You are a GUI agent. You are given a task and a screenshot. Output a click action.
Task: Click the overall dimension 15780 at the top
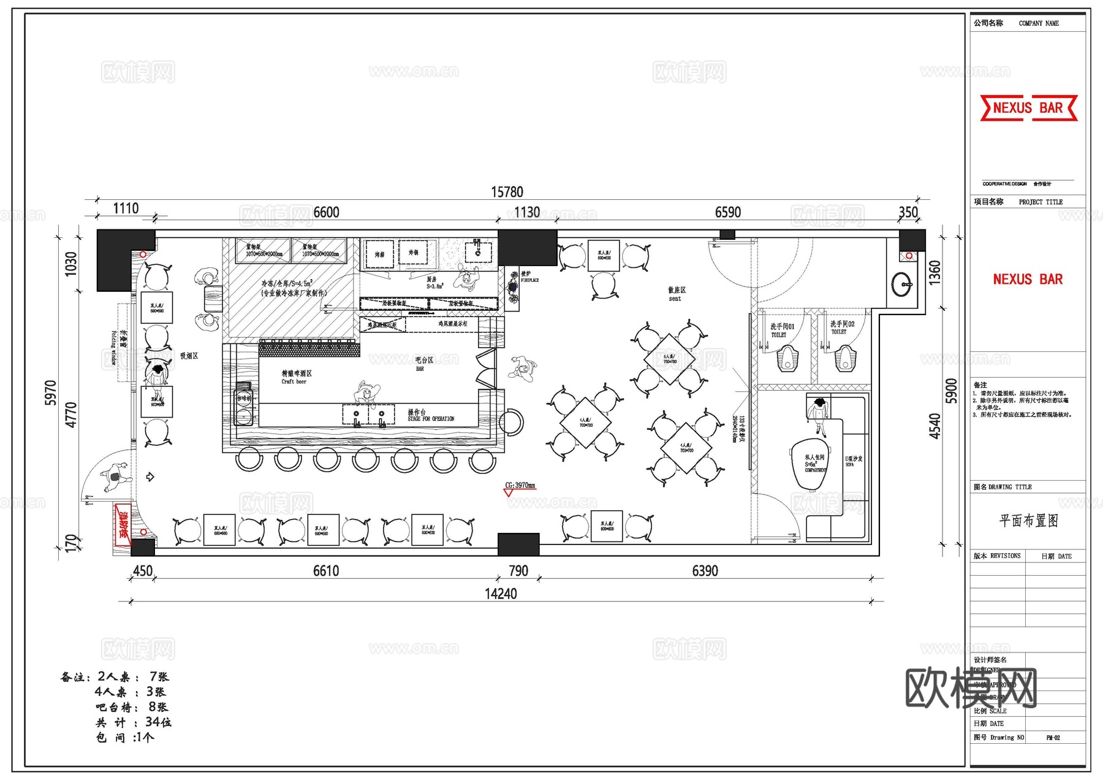(x=507, y=192)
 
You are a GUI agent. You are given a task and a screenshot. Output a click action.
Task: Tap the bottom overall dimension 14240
(x=501, y=594)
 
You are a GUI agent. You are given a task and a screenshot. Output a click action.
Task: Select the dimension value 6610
(x=325, y=571)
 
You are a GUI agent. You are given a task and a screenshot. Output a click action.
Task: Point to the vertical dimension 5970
(x=51, y=392)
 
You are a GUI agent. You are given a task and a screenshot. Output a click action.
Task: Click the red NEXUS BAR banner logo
(x=1028, y=108)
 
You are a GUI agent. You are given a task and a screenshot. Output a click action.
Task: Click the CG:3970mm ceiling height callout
(x=520, y=486)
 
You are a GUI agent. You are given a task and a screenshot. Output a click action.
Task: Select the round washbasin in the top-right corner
(x=901, y=284)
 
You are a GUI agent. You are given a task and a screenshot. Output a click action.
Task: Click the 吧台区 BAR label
(x=423, y=364)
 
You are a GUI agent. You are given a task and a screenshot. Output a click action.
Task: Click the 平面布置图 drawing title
(x=1028, y=521)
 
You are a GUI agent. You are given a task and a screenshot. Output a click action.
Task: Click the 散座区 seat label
(x=676, y=294)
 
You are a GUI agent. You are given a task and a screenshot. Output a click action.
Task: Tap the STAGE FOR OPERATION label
(x=431, y=416)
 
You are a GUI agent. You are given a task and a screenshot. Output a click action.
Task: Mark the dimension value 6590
(x=727, y=212)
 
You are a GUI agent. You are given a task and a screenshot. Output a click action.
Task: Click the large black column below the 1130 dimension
(x=527, y=248)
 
